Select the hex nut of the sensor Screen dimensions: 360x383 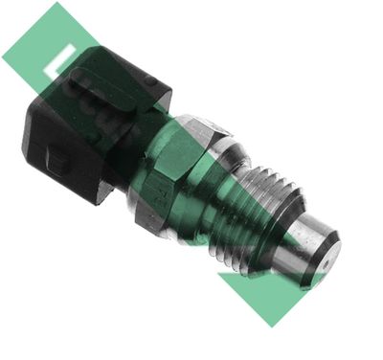pos(177,168)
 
